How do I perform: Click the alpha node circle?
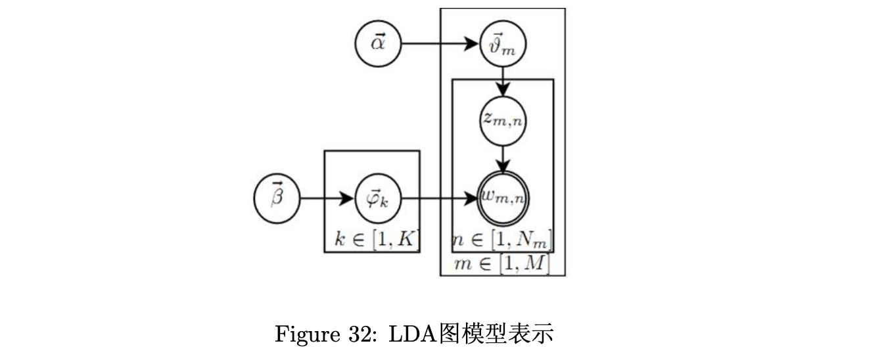click(x=377, y=44)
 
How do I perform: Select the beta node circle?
click(x=277, y=197)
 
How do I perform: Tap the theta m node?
click(x=503, y=45)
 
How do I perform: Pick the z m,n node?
click(x=503, y=121)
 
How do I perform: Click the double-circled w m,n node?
click(x=503, y=197)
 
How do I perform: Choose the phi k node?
click(x=377, y=197)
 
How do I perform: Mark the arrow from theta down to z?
click(x=503, y=81)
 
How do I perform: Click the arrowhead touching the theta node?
click(x=473, y=44)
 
